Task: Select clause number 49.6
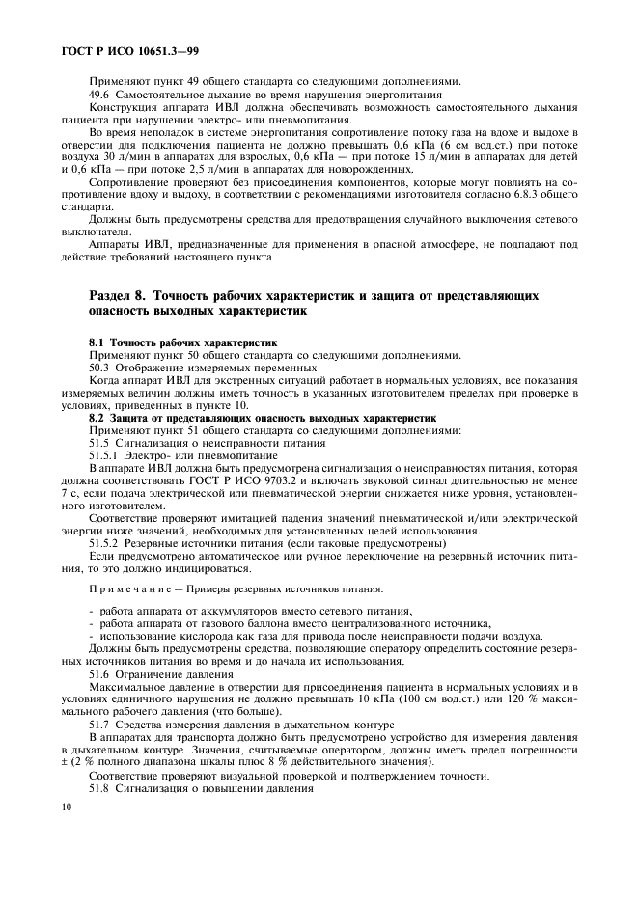(x=101, y=94)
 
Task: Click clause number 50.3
(x=101, y=368)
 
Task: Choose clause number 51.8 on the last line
(x=101, y=787)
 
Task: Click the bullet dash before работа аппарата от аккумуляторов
(x=91, y=612)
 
